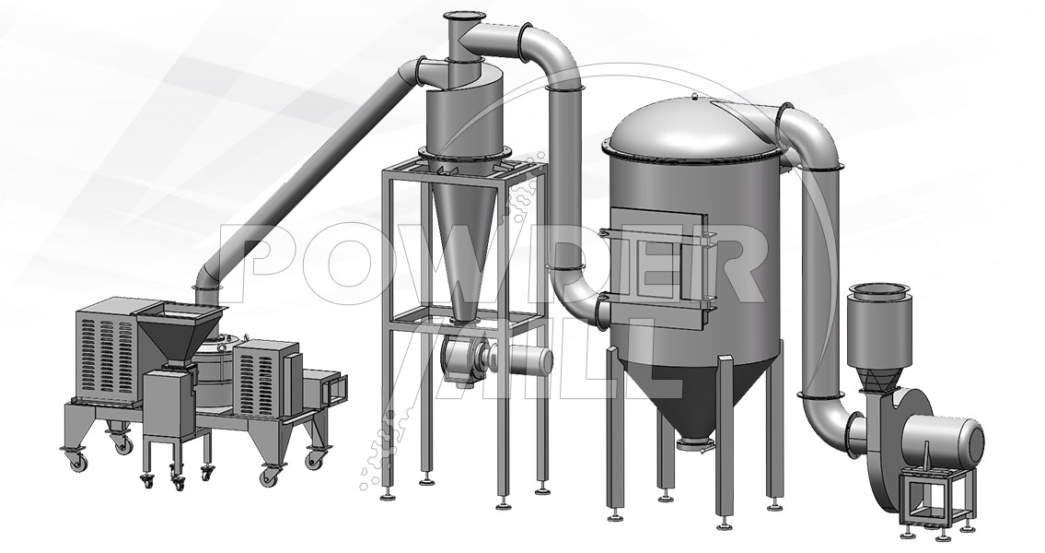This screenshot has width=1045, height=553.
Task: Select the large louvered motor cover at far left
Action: [108, 351]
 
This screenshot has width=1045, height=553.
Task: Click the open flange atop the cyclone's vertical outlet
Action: [459, 16]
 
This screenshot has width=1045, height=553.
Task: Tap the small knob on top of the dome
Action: [694, 97]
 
